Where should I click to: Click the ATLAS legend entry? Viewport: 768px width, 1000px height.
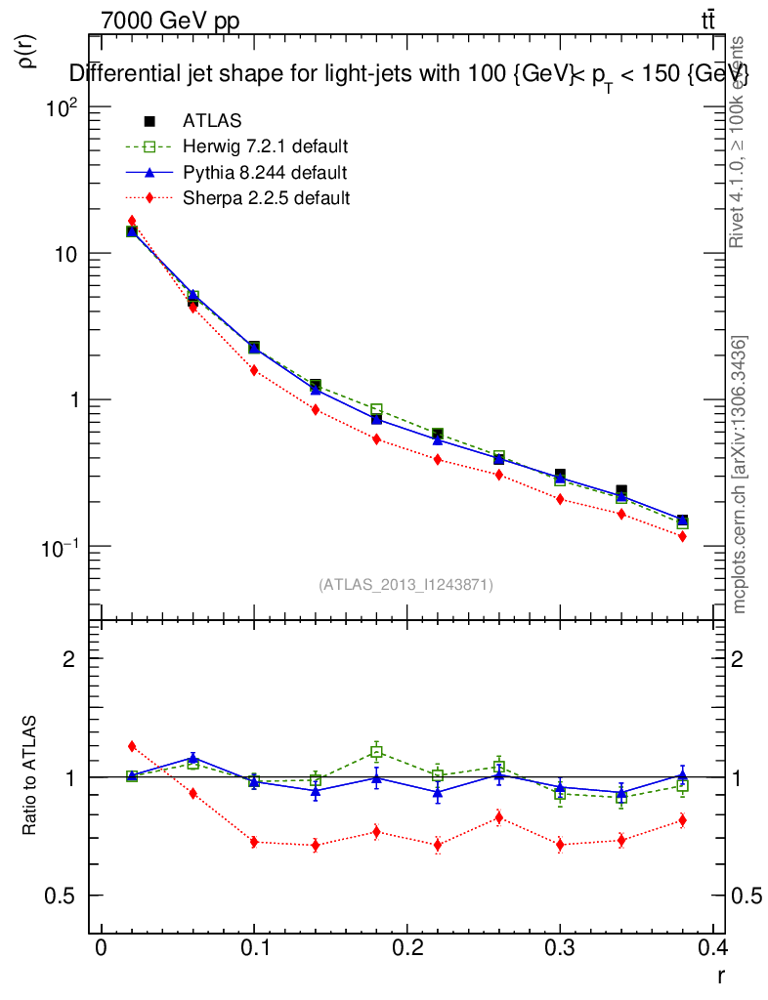tap(212, 121)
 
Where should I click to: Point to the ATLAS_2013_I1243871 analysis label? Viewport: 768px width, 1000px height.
tap(405, 585)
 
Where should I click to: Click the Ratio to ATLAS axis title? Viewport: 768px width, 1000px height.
tap(28, 777)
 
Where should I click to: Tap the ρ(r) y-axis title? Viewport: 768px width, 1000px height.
tap(27, 52)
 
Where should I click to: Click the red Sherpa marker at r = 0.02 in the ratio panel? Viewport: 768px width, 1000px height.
tap(132, 747)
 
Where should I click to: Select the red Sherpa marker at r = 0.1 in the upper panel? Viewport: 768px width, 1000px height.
tap(254, 370)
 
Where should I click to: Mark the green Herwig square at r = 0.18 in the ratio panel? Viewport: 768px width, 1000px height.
tap(376, 752)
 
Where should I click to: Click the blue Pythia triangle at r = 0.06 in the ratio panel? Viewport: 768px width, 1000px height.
tap(193, 758)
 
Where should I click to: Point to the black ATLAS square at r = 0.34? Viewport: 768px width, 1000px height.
tap(621, 490)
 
